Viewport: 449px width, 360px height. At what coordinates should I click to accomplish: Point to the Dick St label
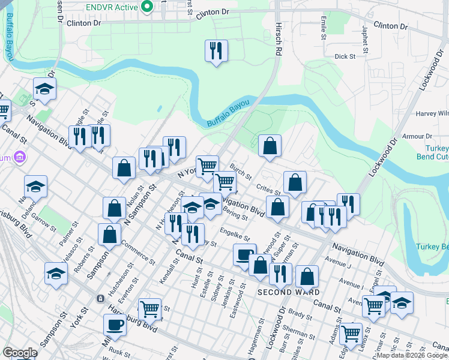pos(345,56)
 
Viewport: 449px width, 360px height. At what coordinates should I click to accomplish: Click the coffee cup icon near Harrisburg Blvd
pos(114,325)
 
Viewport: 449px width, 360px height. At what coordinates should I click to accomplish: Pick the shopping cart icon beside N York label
pos(207,166)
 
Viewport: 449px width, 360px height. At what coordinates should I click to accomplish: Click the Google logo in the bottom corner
pos(20,353)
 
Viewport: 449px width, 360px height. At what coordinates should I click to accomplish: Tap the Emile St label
pos(323,27)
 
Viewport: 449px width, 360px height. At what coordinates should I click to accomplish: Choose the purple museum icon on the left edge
pos(20,158)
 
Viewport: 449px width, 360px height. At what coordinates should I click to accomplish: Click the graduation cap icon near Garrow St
pos(35,186)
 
